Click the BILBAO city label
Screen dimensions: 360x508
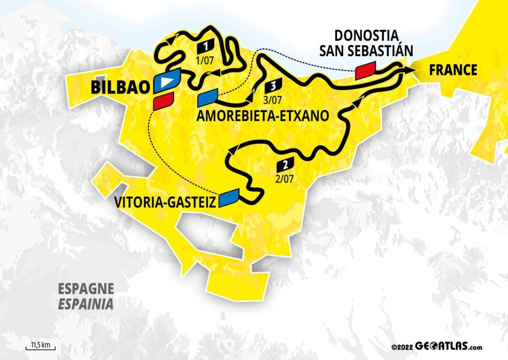point(120,88)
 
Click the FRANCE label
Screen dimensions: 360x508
point(453,70)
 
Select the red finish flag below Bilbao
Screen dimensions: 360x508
point(163,102)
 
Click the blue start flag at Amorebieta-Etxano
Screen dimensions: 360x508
point(207,97)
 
